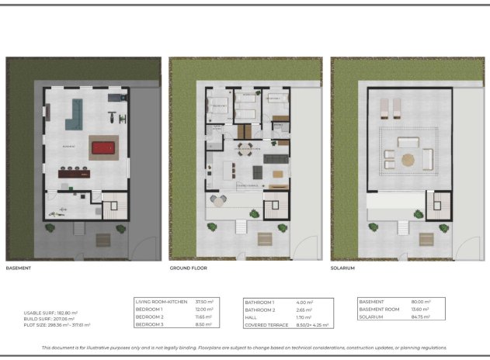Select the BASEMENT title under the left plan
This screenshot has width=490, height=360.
tap(19, 268)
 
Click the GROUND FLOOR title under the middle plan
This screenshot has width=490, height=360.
tap(189, 268)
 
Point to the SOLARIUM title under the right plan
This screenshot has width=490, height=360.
tap(342, 268)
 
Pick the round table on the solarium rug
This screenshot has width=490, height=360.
tap(408, 159)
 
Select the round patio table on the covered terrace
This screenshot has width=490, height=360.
tap(219, 202)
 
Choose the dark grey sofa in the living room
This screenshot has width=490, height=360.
tap(276, 159)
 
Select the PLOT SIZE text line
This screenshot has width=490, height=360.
tap(57, 325)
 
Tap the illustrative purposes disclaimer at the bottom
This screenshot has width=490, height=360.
tap(245, 348)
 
